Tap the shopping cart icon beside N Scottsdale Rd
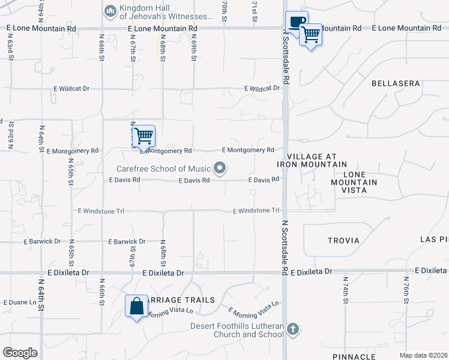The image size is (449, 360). point(310,35)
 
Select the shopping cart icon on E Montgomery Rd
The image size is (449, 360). point(143,136)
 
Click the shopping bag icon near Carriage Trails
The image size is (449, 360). point(137,306)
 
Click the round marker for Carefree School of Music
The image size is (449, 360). point(220,169)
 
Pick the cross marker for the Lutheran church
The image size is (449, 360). point(292,329)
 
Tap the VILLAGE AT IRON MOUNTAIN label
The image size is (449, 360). point(312,160)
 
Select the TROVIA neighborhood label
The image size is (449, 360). point(343,241)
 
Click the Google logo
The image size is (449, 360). point(20,353)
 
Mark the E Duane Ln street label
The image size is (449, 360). point(20,302)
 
